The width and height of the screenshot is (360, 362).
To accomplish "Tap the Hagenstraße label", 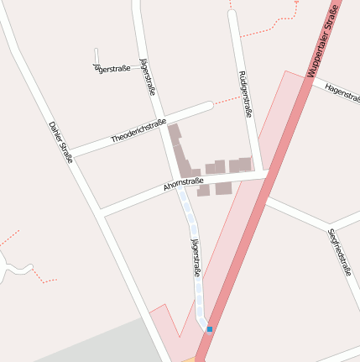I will point(341,92).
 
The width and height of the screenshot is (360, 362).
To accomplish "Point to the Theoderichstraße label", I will point(138,129).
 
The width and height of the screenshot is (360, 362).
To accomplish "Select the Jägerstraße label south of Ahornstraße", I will point(196,258).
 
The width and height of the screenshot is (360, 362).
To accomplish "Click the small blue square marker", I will point(210,329).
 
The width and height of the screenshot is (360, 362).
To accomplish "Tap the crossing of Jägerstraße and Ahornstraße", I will point(178,186).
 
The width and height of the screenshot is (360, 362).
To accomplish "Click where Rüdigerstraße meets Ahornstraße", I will point(255,173).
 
